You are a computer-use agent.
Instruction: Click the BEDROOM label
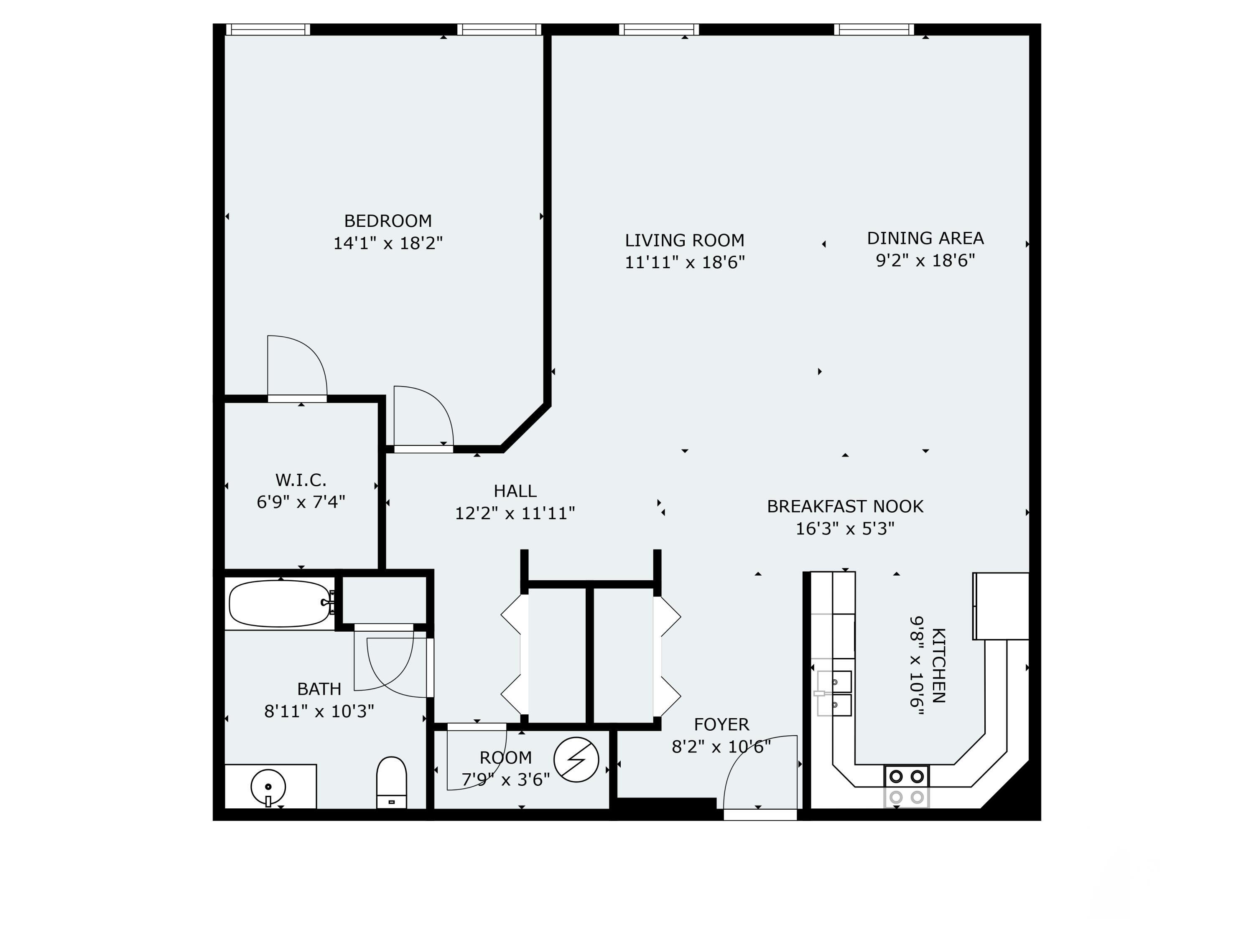coord(388,221)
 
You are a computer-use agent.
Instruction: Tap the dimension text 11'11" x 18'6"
coord(684,263)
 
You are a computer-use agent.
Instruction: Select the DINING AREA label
coord(925,238)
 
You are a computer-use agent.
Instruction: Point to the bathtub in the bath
coord(279,603)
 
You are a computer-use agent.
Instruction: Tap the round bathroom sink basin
coord(268,786)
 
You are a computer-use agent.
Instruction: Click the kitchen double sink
coord(834,694)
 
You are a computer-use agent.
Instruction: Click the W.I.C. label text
coord(301,480)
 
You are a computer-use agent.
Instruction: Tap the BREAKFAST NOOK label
coord(845,506)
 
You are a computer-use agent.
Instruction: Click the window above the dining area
coord(874,30)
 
